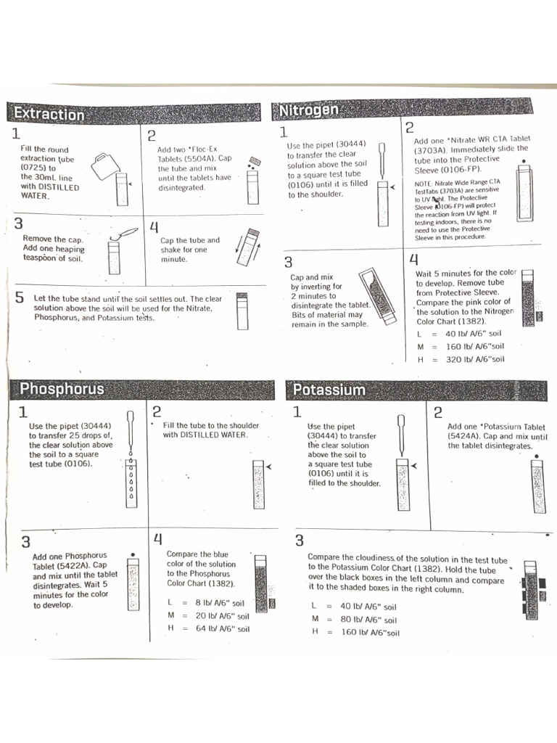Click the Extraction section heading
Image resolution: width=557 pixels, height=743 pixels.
tap(49, 114)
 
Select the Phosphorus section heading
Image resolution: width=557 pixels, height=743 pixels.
tap(62, 389)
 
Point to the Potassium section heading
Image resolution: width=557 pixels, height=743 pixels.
tap(329, 390)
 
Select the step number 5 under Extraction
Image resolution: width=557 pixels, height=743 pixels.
tap(20, 298)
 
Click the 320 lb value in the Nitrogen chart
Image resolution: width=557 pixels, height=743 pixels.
tap(455, 359)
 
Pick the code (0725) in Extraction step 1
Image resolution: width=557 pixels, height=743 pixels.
tap(33, 167)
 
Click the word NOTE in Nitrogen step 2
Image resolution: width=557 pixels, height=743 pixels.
tap(424, 182)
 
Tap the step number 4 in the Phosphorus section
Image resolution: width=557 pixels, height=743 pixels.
tap(157, 539)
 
